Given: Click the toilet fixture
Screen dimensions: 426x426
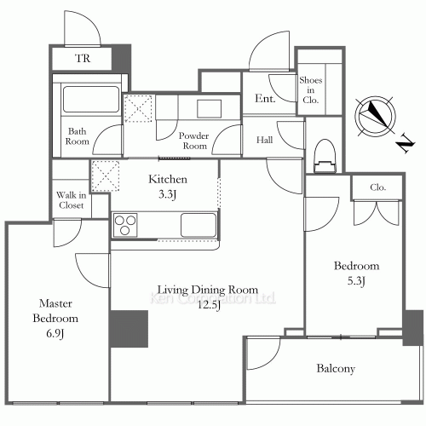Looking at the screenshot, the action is coord(325,156).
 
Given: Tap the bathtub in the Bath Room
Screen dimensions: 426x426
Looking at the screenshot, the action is coord(91,99).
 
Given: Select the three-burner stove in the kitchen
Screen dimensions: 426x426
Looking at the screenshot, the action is coord(125,225).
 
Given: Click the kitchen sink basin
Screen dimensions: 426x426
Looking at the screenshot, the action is coord(199,225).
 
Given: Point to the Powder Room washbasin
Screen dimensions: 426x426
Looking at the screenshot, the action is coord(210,108).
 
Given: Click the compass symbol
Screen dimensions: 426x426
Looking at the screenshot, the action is coord(376,117).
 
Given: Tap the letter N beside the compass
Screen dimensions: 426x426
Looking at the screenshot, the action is coord(406,143).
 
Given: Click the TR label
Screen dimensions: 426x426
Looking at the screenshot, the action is coord(83,58).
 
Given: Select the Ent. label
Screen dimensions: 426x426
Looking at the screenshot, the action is coord(265,99).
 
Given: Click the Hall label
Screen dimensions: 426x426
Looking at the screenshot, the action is coord(264,140).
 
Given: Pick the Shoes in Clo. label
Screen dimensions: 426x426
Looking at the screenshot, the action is coord(310,89).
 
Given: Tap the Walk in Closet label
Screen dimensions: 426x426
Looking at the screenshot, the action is coord(71,200).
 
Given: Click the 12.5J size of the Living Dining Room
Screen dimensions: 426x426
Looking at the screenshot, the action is coord(209,305).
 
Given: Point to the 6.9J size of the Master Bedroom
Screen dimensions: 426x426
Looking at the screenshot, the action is coord(55,333).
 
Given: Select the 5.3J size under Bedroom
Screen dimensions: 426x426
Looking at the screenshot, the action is coord(356,281).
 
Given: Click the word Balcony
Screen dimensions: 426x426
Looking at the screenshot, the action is coord(336,368).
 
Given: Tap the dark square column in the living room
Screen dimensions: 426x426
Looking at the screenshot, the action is coord(130,329).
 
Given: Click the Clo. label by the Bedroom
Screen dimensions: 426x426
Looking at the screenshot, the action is coord(377,187).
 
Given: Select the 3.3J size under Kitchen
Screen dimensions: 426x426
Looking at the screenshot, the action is coord(167,194).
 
